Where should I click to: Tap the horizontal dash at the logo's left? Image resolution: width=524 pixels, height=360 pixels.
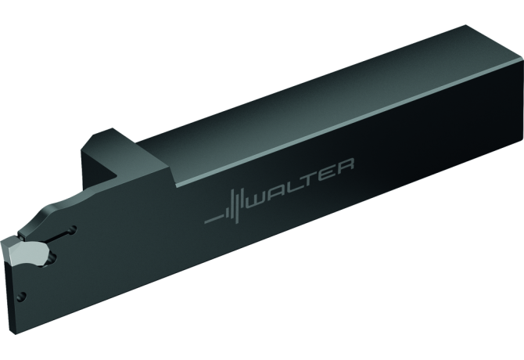[214, 219]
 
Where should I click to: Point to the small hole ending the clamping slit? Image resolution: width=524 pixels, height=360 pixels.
[72, 229]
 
